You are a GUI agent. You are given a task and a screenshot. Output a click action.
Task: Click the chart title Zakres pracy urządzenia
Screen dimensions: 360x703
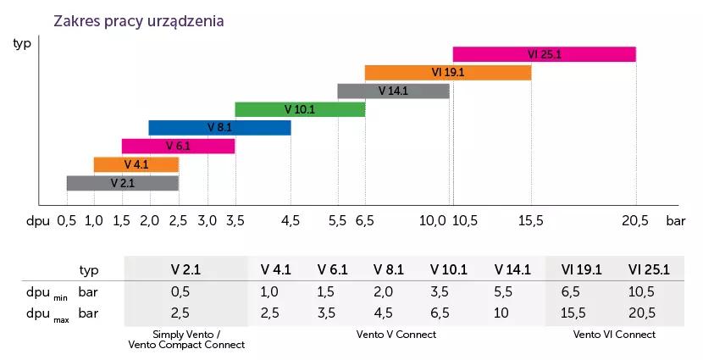[138, 21]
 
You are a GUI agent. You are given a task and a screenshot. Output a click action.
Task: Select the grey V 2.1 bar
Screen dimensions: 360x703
[123, 183]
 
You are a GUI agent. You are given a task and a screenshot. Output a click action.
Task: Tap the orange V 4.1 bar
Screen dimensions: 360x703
[136, 164]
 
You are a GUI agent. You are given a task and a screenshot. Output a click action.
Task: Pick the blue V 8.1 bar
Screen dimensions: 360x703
[219, 128]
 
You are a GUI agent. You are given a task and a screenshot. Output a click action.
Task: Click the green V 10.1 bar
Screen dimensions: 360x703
[300, 109]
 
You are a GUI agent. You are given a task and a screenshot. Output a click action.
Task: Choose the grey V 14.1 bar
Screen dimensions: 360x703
[393, 91]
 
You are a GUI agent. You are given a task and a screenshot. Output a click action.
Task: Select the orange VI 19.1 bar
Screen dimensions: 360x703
[447, 73]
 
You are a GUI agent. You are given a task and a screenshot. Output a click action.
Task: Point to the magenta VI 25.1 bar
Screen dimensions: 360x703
[544, 54]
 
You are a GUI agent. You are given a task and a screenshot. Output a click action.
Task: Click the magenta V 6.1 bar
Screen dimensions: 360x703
[178, 146]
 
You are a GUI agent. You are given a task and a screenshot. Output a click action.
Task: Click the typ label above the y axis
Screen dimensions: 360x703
[22, 43]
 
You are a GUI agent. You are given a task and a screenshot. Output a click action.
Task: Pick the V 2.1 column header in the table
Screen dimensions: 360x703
[185, 269]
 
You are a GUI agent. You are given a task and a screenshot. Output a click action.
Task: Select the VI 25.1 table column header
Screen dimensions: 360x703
[649, 269]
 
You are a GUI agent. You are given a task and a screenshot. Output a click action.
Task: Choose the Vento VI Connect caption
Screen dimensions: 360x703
[614, 335]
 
